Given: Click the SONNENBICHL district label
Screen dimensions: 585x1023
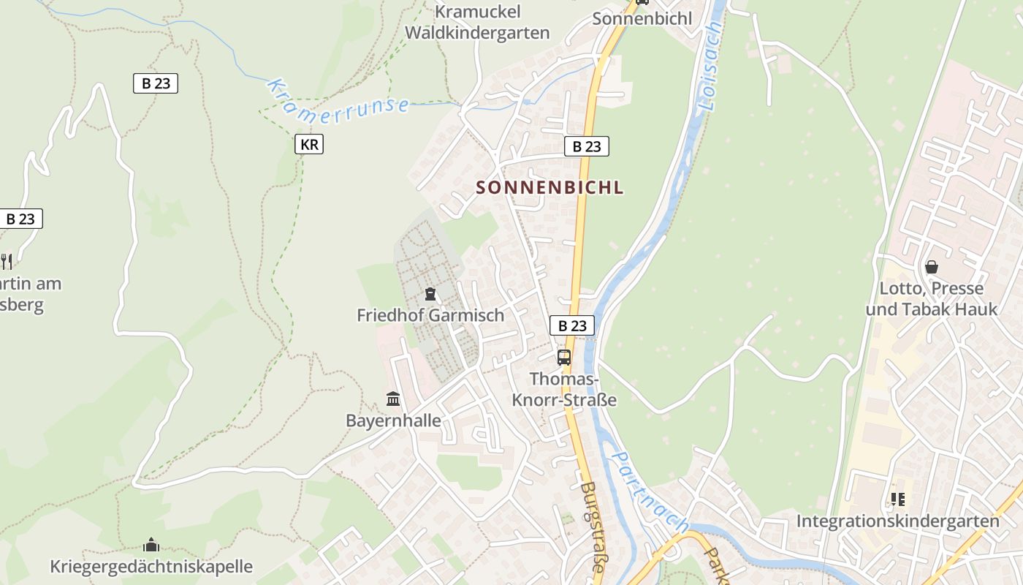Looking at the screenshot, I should pos(549,187).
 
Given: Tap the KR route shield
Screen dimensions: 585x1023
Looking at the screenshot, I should pos(309,144).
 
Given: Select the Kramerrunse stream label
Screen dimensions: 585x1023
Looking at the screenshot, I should pos(337,100).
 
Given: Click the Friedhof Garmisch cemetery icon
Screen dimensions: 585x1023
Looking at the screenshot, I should pos(430,294).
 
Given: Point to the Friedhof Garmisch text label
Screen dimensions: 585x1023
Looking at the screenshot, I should pos(430,315).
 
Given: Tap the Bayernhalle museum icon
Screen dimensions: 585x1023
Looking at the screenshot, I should pos(393,399).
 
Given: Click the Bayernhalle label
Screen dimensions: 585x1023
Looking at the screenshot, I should pos(393,420).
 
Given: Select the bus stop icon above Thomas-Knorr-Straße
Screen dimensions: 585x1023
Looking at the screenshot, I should pos(564,357).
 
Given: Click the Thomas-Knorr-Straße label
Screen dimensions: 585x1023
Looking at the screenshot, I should pos(564,390).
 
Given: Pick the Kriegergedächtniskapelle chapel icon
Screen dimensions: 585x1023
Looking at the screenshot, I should pos(151,545).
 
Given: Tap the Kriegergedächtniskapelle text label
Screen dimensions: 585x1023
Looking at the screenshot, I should pos(151,566).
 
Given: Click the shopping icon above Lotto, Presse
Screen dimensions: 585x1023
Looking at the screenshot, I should pos(932,267).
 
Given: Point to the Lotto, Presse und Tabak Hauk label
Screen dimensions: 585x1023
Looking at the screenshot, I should pos(932,298).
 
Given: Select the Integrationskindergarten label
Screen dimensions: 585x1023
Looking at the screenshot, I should pos(897,521).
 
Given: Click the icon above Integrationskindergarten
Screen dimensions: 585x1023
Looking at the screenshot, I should pos(897,499).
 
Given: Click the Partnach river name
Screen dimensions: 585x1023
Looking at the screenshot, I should pos(650,491).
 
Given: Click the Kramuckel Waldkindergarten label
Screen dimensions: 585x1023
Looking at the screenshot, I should pos(477,22).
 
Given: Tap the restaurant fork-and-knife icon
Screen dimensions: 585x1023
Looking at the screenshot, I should pos(6,260).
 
